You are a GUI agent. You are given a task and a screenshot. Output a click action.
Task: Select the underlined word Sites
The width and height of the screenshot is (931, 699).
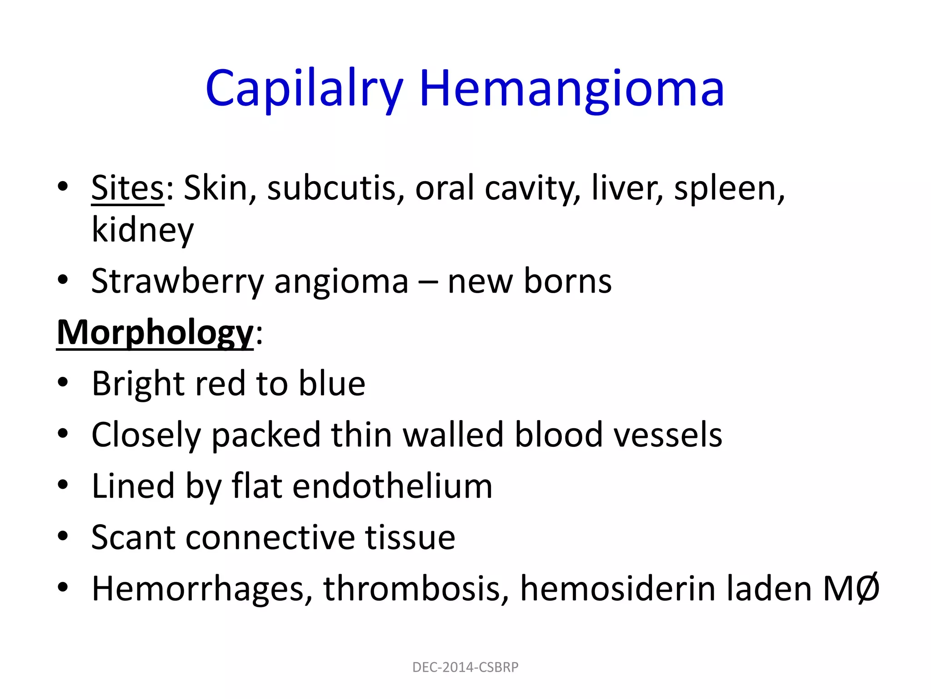point(127,188)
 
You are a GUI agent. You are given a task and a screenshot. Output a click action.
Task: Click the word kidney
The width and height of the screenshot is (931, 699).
point(143,230)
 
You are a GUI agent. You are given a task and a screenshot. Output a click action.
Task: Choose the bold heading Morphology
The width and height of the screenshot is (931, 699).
point(155,333)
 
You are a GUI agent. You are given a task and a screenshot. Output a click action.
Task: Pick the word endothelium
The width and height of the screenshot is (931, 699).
point(392,486)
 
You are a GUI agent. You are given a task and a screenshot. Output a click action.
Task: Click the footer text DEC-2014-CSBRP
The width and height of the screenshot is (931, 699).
point(465,667)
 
